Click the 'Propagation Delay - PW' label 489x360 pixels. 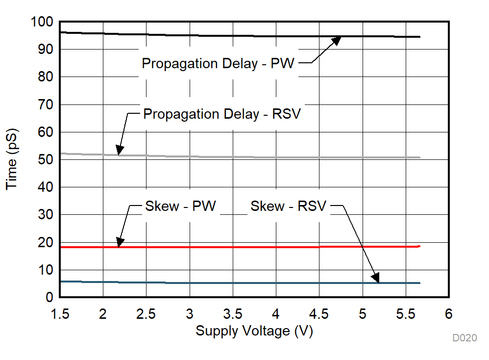click(x=218, y=64)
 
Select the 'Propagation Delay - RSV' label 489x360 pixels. click(x=221, y=114)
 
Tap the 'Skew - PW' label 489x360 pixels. click(x=180, y=206)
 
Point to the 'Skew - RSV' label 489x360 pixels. click(x=288, y=206)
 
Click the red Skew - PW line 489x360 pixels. click(x=245, y=247)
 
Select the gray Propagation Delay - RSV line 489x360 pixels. click(x=245, y=157)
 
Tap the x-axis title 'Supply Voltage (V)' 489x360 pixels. click(x=254, y=332)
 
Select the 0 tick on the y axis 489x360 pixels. click(x=49, y=298)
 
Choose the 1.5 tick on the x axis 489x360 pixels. click(x=60, y=313)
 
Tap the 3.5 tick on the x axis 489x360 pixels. click(x=232, y=313)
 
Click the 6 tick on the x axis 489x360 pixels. click(x=448, y=313)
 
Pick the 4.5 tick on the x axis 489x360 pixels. click(x=319, y=313)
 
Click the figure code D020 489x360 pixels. click(x=464, y=338)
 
